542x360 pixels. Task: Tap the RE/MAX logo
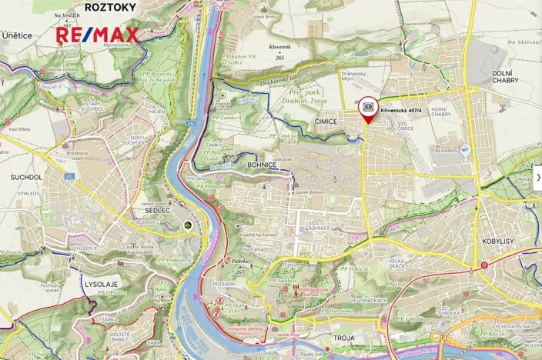pos(96,35)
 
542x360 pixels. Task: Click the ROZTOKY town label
pos(107,7)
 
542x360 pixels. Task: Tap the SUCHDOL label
pos(26,177)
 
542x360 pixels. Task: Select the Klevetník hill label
pos(279,47)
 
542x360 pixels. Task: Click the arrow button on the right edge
pos(537,178)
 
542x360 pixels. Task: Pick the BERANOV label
pos(447,152)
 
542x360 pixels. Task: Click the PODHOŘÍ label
pos(222,284)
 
